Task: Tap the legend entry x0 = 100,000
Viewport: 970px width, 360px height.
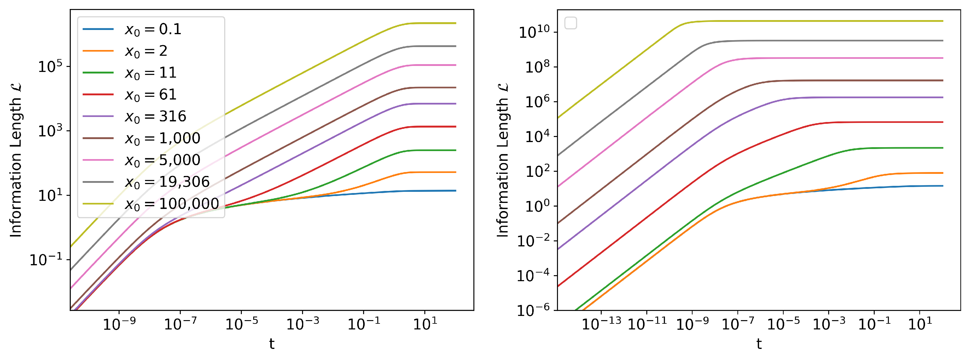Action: pyautogui.click(x=171, y=204)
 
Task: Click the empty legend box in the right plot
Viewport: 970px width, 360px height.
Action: pyautogui.click(x=571, y=23)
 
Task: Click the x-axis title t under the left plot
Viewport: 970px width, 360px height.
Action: pyautogui.click(x=271, y=344)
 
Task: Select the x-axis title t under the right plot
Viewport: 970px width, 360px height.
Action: pyautogui.click(x=759, y=344)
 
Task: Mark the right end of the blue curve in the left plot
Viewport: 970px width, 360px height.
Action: pyautogui.click(x=455, y=191)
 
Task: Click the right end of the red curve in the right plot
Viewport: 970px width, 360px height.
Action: pyautogui.click(x=942, y=122)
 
